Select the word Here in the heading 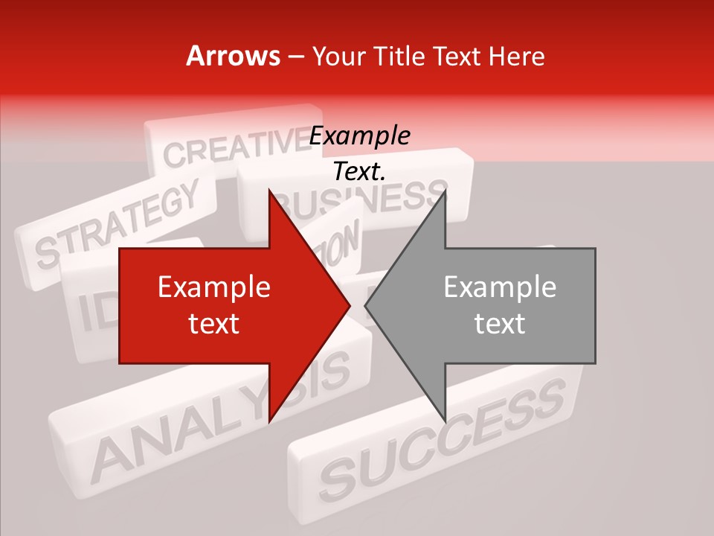click(x=516, y=56)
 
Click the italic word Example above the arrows click(x=359, y=136)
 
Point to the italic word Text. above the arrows click(x=359, y=172)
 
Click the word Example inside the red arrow click(x=214, y=287)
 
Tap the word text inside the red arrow click(x=214, y=323)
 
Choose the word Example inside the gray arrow click(x=500, y=287)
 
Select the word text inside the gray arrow click(x=500, y=323)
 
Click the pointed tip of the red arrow click(x=350, y=305)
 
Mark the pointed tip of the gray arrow click(x=366, y=305)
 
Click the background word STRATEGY click(x=119, y=223)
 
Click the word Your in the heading click(x=334, y=56)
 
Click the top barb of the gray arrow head click(x=444, y=195)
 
